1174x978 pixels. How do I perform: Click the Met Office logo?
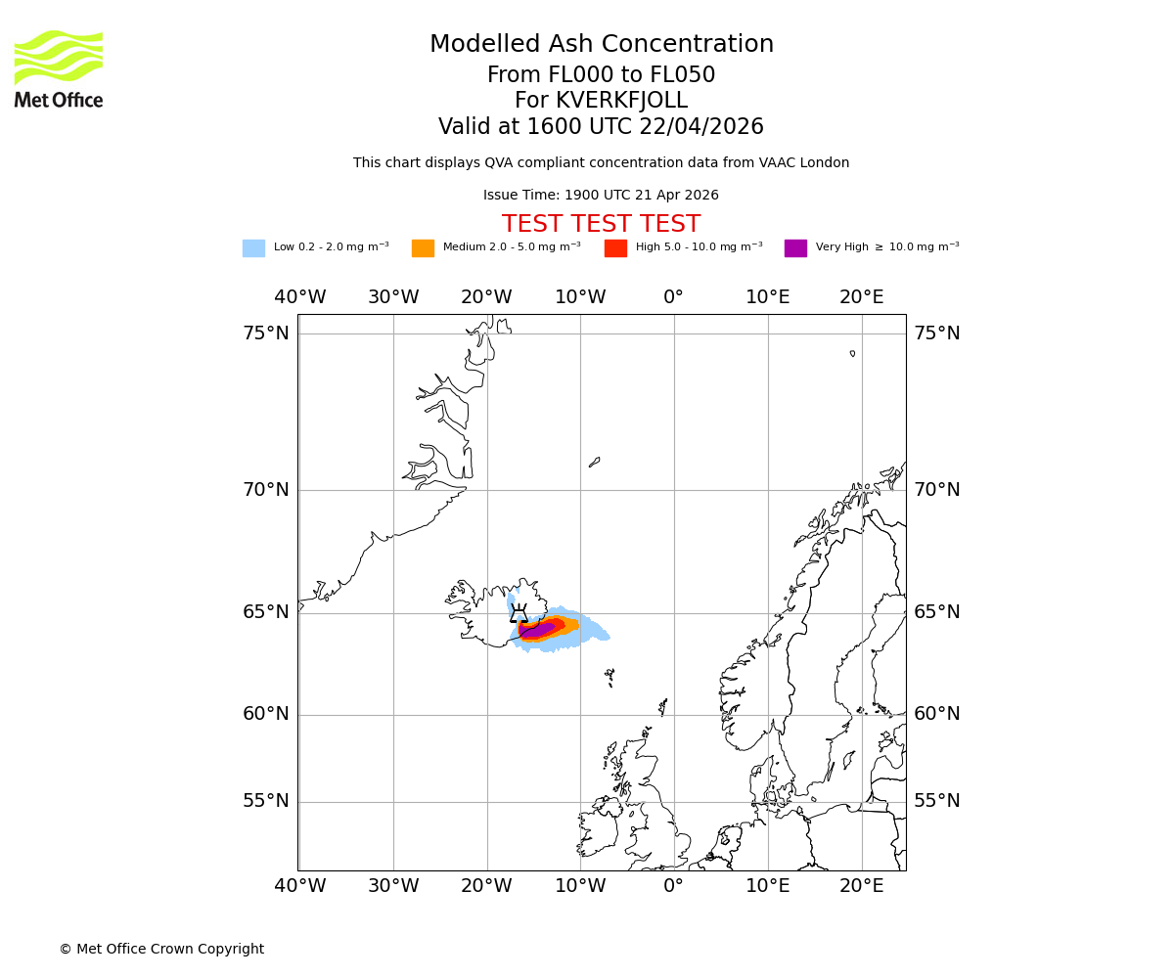(59, 68)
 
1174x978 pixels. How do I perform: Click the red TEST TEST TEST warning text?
(601, 225)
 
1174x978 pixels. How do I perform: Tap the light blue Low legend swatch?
(253, 248)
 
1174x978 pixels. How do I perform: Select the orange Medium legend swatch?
(423, 248)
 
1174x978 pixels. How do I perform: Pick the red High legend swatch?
(615, 248)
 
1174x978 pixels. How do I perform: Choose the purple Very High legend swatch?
(795, 248)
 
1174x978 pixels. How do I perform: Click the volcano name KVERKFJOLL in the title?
(621, 101)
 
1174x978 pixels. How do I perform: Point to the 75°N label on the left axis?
(266, 333)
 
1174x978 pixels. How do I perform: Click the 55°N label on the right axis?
(937, 801)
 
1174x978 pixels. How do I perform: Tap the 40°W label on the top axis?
(300, 297)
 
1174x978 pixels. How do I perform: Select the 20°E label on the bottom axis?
(862, 886)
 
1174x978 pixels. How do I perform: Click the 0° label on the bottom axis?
(673, 886)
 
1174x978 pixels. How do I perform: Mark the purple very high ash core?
(537, 630)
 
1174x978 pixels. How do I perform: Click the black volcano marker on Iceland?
(519, 614)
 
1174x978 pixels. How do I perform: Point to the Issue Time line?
(601, 196)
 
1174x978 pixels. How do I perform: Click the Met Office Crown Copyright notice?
(161, 950)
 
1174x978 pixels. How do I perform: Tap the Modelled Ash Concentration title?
(601, 45)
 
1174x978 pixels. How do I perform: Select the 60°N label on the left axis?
(266, 714)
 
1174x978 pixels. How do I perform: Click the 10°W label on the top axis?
(580, 297)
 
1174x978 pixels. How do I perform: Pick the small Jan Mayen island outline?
(594, 462)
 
